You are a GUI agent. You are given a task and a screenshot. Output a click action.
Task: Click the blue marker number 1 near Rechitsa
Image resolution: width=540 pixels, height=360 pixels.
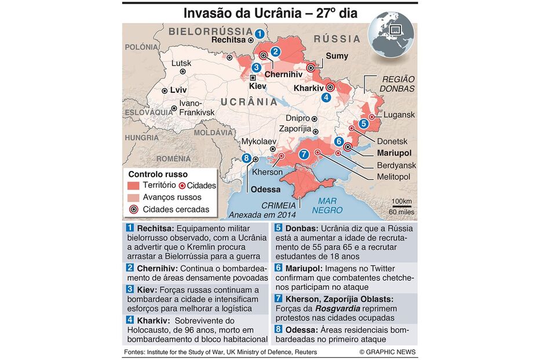point(260,34)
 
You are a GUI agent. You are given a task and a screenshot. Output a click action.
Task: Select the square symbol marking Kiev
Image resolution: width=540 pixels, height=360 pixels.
point(253,77)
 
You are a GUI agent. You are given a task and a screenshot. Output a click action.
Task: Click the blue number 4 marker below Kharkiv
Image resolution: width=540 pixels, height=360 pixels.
point(327,97)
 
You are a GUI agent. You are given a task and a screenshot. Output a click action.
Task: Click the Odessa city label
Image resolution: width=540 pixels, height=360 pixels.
point(266,190)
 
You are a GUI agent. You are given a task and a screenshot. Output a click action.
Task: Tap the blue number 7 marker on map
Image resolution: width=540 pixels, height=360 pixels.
point(304,154)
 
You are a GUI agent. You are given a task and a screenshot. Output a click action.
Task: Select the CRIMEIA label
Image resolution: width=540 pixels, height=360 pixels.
point(279,205)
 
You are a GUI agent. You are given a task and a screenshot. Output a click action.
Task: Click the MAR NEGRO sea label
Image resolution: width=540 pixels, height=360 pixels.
point(327,206)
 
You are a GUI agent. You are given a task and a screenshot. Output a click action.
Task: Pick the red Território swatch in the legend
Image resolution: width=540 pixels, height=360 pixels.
point(134,186)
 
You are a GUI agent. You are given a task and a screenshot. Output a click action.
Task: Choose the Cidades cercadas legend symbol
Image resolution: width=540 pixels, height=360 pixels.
point(134,209)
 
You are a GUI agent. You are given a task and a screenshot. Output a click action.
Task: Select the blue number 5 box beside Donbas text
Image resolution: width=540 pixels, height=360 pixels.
point(279,228)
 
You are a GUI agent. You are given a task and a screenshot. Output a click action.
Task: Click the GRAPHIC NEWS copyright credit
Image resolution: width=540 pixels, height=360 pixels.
point(388,352)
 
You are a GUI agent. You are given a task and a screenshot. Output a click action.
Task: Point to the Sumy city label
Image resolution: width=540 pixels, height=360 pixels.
point(337,56)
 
